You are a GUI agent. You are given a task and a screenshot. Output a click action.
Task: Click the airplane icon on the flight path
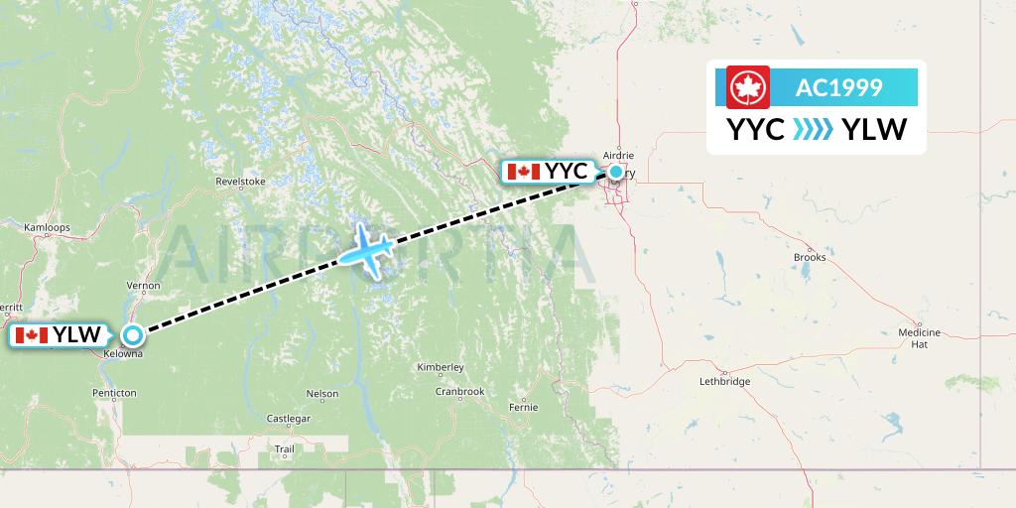(366, 250)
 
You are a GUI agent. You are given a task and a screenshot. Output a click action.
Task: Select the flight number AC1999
(838, 87)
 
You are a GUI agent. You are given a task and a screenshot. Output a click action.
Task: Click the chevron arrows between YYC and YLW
(814, 130)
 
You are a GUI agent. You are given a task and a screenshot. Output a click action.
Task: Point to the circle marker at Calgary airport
(616, 172)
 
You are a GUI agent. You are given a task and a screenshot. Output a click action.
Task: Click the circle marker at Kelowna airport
(132, 335)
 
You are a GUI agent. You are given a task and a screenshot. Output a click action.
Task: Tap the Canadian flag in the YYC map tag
(523, 172)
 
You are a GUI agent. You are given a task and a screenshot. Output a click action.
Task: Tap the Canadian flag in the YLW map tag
(32, 335)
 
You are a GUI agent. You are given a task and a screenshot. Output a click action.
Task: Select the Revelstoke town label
(241, 182)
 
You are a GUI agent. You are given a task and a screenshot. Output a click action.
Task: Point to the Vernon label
(144, 286)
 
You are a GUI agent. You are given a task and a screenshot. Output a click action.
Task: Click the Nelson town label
(322, 393)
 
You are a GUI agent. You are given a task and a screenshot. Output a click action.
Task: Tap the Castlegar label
(289, 419)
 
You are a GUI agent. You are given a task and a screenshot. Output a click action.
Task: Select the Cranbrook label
(459, 392)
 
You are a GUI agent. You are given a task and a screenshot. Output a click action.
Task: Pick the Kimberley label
(441, 367)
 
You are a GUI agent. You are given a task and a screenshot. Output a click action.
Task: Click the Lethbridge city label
(724, 381)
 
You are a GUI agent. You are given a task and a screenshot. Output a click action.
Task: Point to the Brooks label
(810, 257)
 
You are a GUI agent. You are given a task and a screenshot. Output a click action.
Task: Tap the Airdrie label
(618, 155)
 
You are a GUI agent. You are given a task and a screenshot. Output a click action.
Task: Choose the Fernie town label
(522, 407)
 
